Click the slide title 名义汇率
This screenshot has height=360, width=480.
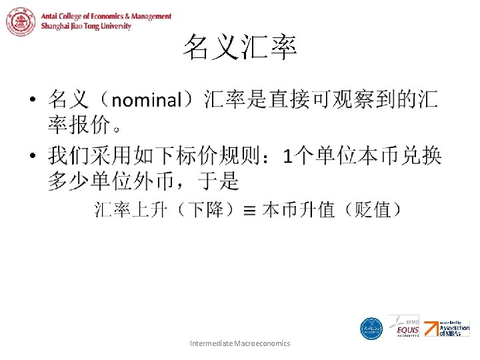[240, 48]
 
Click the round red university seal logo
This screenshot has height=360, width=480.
[21, 21]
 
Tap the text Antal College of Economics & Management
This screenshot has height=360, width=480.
[106, 16]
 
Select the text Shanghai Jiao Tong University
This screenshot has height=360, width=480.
[86, 27]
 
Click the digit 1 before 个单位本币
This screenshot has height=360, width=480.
[287, 157]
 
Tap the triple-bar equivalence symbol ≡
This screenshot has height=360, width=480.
[249, 211]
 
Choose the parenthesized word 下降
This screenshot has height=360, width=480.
[205, 210]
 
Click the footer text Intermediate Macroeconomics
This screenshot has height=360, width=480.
[240, 343]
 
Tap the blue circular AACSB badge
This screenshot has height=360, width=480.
[371, 329]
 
